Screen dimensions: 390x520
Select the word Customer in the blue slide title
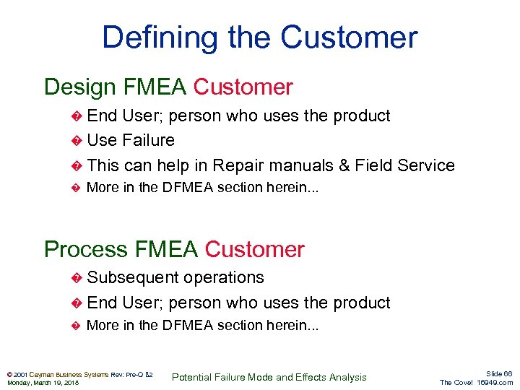point(349,38)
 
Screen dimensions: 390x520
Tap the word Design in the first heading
point(79,87)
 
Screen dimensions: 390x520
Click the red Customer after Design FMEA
point(243,87)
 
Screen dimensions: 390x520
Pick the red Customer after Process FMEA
point(255,250)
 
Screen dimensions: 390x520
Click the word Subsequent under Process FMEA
point(134,277)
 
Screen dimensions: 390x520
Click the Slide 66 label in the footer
point(499,373)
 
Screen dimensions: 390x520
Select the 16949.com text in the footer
point(495,383)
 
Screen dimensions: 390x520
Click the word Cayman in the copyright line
point(43,374)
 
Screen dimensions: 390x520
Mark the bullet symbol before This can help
point(78,166)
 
